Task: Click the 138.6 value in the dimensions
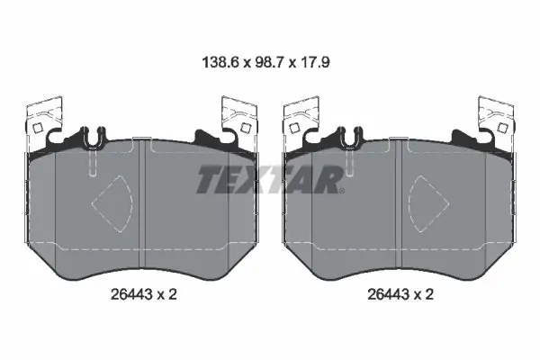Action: click(x=220, y=62)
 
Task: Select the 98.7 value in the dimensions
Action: click(x=269, y=62)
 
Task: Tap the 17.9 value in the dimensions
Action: click(x=314, y=62)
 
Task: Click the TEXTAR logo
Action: click(x=270, y=179)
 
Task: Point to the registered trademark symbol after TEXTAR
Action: click(x=342, y=191)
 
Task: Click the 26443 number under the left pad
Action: click(x=131, y=294)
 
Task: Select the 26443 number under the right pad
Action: click(x=388, y=294)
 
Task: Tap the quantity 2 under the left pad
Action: click(x=173, y=294)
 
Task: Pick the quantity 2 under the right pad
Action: click(x=429, y=294)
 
